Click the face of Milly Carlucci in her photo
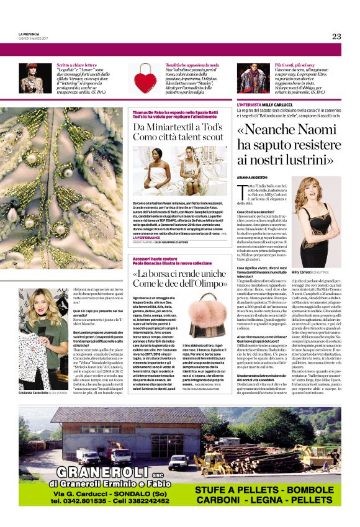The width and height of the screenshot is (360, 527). click(322, 198)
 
